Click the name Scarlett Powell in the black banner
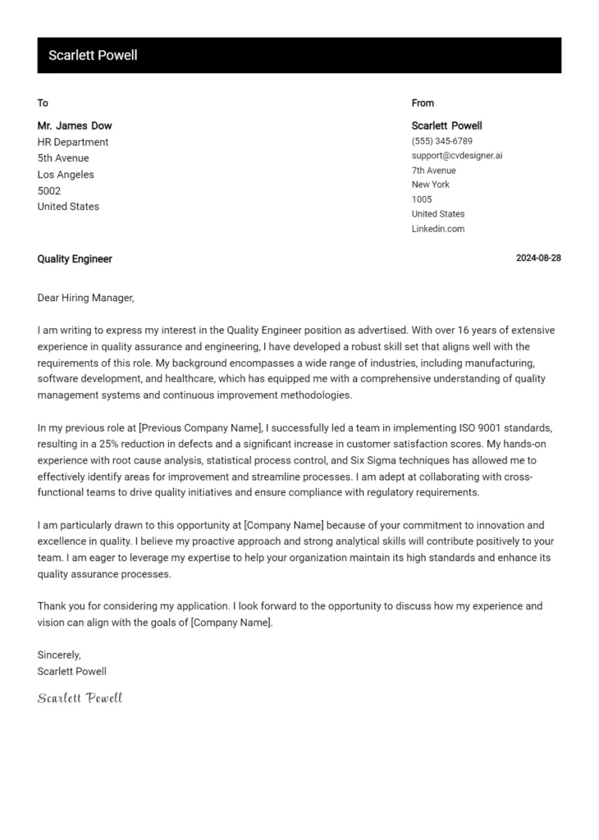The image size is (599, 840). tap(93, 56)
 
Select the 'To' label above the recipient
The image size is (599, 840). tap(43, 103)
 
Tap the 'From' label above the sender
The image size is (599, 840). tap(423, 103)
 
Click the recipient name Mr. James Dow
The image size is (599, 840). tap(75, 126)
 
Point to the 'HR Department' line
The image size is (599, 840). tap(73, 142)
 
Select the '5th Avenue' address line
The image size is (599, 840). tap(63, 158)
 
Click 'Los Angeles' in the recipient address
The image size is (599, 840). tap(66, 175)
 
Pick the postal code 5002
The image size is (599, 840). tap(49, 190)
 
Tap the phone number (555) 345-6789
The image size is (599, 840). tap(441, 141)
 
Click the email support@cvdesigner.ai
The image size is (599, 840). tap(456, 156)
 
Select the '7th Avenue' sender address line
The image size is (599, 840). tap(433, 171)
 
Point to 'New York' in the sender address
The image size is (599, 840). tap(431, 185)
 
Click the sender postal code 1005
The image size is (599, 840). tap(422, 199)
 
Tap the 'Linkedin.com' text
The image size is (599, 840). tap(438, 229)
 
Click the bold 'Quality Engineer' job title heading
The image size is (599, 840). tap(75, 259)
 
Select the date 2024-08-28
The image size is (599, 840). tap(538, 258)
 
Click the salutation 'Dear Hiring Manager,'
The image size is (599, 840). tap(85, 298)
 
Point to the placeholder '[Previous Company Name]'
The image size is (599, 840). tap(200, 428)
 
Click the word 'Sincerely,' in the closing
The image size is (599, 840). tap(59, 655)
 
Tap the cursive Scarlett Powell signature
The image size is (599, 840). tap(80, 698)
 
